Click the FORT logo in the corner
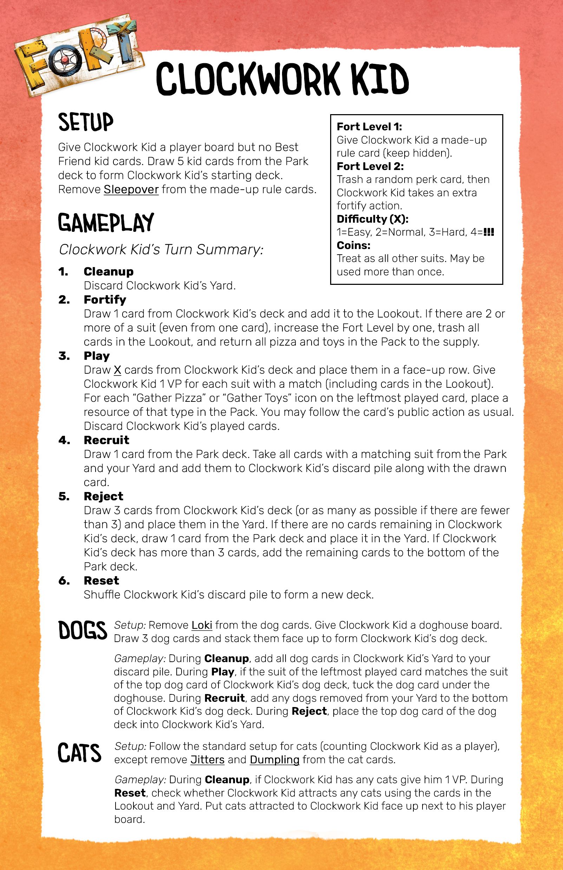tap(79, 55)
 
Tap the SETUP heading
tap(86, 122)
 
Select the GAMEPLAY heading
tap(106, 223)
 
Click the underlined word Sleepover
tap(131, 189)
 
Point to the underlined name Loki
tap(202, 625)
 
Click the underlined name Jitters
tap(207, 760)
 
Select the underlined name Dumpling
tap(275, 760)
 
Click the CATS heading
tap(79, 753)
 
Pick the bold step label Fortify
tap(105, 299)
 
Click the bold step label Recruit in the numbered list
tap(106, 440)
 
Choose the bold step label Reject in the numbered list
tap(104, 496)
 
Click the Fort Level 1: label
tap(369, 126)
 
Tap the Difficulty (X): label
tap(372, 219)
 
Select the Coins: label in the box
tap(353, 245)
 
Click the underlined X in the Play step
tap(117, 370)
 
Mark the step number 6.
tap(64, 581)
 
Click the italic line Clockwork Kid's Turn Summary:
tap(161, 249)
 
